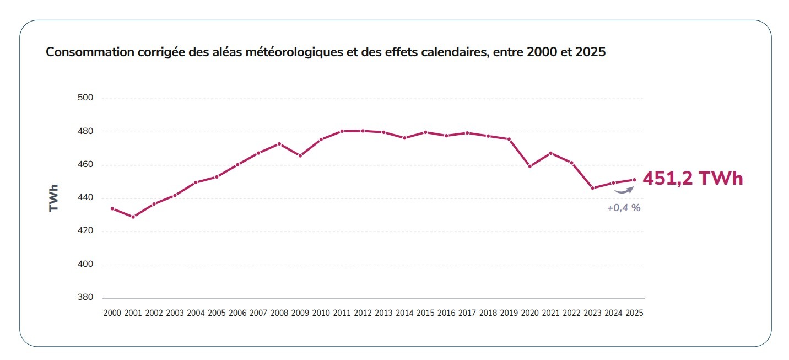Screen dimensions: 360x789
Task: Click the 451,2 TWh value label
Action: click(x=693, y=179)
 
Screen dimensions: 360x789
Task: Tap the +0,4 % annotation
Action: click(x=624, y=208)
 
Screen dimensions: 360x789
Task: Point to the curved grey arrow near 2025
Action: click(x=624, y=190)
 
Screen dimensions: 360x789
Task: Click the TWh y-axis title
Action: click(x=53, y=198)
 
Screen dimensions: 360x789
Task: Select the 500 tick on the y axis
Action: click(x=86, y=98)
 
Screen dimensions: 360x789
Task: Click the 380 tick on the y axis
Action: click(x=86, y=298)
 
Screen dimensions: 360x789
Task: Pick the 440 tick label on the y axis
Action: click(x=86, y=198)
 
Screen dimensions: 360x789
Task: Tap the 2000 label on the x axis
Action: click(x=112, y=313)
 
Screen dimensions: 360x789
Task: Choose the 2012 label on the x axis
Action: click(x=363, y=313)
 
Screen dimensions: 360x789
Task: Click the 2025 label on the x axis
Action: click(x=634, y=313)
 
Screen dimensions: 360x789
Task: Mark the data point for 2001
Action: click(x=133, y=217)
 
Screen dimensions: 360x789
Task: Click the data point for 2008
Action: click(x=279, y=144)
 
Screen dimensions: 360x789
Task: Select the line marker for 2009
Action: click(x=300, y=156)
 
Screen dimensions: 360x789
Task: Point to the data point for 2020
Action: click(x=530, y=166)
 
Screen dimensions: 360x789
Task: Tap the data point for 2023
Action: click(x=593, y=188)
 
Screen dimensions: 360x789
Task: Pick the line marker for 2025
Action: click(x=634, y=180)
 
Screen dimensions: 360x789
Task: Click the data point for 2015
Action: click(x=425, y=132)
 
